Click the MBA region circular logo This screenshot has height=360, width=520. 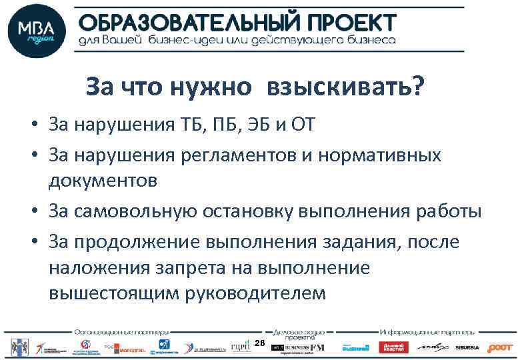pos(37,31)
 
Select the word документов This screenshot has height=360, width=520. pos(103,180)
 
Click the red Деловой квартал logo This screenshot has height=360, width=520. pos(393,347)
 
